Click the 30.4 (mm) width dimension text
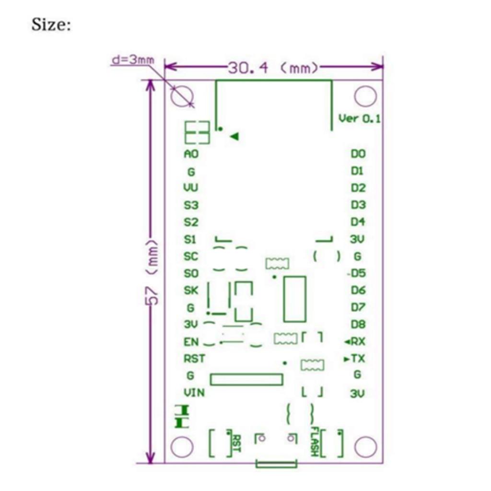pos(272,68)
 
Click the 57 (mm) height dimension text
pos(152,272)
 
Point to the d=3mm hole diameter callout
pos(133,60)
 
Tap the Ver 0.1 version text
pos(360,118)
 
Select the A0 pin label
pos(191,154)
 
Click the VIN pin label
pos(194,393)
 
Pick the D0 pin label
pos(358,154)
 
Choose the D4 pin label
pos(358,222)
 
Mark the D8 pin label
pos(358,324)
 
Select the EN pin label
pos(191,342)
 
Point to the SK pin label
pos(191,290)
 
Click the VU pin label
pos(191,188)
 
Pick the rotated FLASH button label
pos(315,441)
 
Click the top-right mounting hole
pos(365,96)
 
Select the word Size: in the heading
pos(51,24)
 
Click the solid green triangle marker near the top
pos(234,137)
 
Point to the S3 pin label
pos(191,205)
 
